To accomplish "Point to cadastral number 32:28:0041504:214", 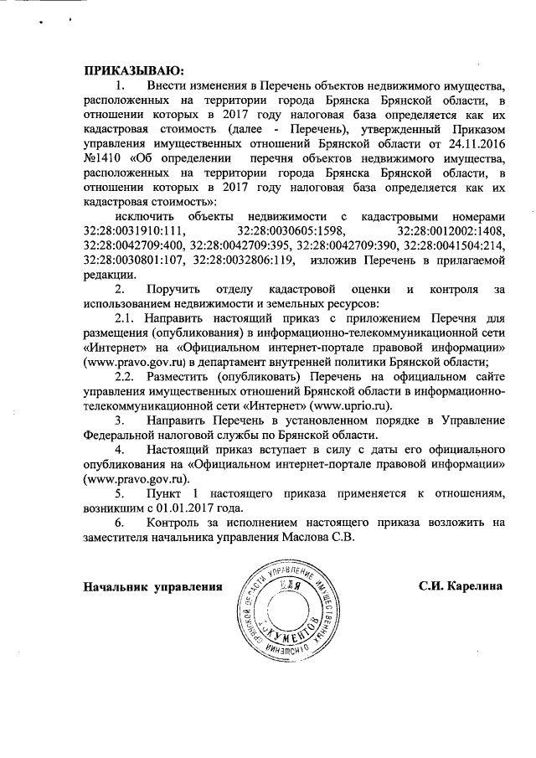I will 455,245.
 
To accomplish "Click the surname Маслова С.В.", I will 321,538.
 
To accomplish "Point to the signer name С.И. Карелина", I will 461,586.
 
